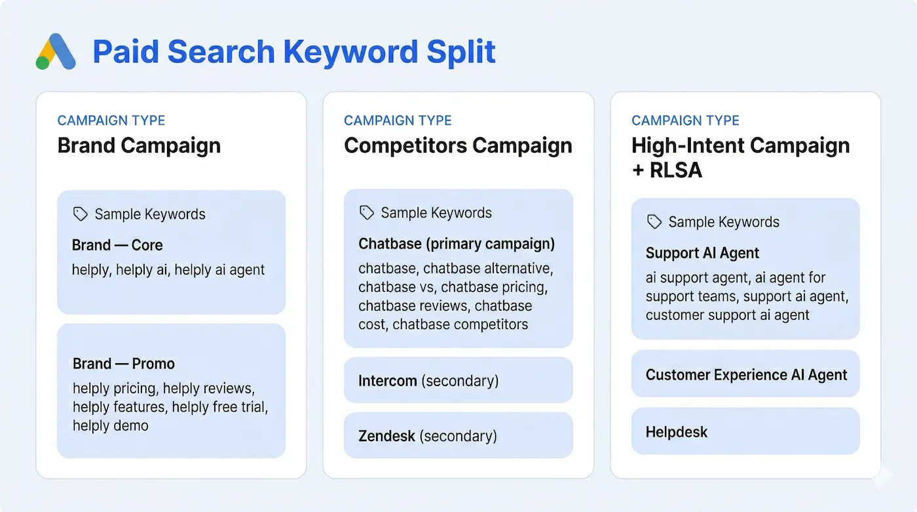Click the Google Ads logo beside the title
tap(55, 52)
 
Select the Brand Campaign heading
tap(139, 145)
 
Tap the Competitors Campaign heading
tap(458, 145)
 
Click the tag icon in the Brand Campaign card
tap(81, 214)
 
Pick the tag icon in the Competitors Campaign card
tap(367, 212)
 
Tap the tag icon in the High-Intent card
tap(654, 222)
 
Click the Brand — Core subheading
tap(117, 245)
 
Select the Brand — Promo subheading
tap(124, 364)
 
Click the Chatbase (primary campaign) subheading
tap(457, 244)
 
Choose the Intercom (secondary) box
tap(458, 380)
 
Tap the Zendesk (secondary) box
tap(458, 435)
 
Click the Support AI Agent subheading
tap(702, 253)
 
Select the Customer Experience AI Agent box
tap(745, 375)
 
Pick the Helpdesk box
tap(745, 432)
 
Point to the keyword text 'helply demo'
tap(111, 425)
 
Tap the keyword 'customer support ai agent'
tap(727, 315)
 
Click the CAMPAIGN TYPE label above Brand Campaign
tap(111, 121)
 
